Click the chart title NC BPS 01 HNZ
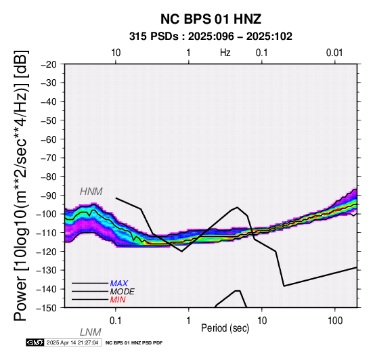pos(211,19)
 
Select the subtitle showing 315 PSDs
pos(211,37)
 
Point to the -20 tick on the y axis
pos(49,64)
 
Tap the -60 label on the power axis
pos(49,139)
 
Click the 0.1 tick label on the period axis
pos(116,321)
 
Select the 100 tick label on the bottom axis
pos(335,321)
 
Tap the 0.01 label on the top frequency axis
pos(334,53)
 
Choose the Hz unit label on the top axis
pos(225,53)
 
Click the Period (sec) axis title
pos(225,328)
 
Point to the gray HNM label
pos(91,192)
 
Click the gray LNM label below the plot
pos(91,332)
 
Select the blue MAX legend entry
pos(119,284)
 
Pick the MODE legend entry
pos(123,292)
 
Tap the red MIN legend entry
pos(118,300)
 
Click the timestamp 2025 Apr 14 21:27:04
pos(72,342)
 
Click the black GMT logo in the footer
pos(35,342)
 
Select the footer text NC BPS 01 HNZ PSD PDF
pos(134,343)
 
